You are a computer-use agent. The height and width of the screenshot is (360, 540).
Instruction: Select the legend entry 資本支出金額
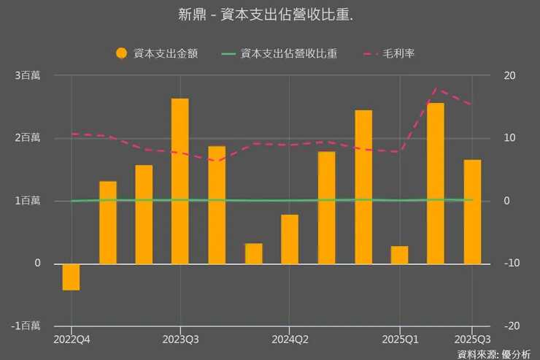pos(165,53)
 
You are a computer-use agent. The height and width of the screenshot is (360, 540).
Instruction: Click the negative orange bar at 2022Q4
pos(71,277)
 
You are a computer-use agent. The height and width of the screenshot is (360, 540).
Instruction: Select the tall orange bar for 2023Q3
pos(180,181)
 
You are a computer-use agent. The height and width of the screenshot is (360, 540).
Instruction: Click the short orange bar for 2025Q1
pos(399,255)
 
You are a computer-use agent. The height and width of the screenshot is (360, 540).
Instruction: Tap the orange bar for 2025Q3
pos(472,212)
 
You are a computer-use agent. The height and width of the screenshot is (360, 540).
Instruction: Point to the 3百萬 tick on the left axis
pos(27,76)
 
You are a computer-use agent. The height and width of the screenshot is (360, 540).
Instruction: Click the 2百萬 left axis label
pos(27,138)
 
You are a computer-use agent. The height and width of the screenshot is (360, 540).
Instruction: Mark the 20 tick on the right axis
pos(509,76)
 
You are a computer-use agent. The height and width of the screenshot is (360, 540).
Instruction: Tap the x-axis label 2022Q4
pos(71,340)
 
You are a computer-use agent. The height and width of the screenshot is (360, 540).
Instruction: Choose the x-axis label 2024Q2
pos(290,340)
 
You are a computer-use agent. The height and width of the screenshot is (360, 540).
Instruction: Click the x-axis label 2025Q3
pos(472,340)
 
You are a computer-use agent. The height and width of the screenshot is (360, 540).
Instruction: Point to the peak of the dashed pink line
pos(436,89)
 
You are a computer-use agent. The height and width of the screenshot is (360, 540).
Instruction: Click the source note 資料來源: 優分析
pos(493,354)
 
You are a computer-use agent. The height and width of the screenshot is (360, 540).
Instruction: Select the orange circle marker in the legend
pos(122,53)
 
